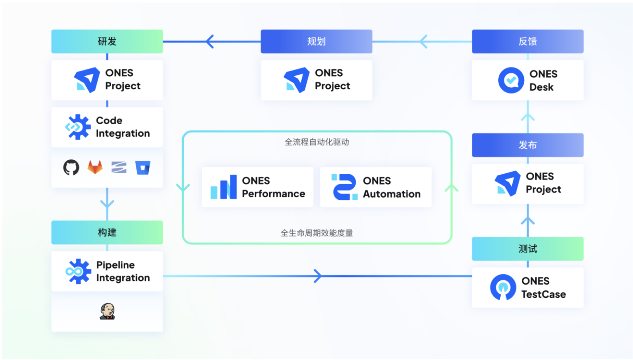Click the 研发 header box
point(107,41)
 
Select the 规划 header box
point(316,41)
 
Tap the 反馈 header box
point(527,41)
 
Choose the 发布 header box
point(527,145)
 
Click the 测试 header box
point(527,249)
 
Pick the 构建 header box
point(107,232)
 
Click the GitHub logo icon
point(71,168)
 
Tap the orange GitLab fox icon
point(95,168)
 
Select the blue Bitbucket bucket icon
point(143,168)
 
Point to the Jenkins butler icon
point(107,311)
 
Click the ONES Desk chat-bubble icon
point(511,80)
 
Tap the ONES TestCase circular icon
point(503,287)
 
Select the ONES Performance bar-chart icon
point(224,187)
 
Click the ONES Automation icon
point(345,187)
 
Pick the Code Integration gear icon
point(78,127)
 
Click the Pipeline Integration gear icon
point(78,271)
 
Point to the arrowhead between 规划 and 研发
point(210,42)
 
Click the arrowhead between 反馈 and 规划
point(423,42)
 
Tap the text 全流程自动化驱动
point(316,142)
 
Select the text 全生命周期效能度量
point(316,233)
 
